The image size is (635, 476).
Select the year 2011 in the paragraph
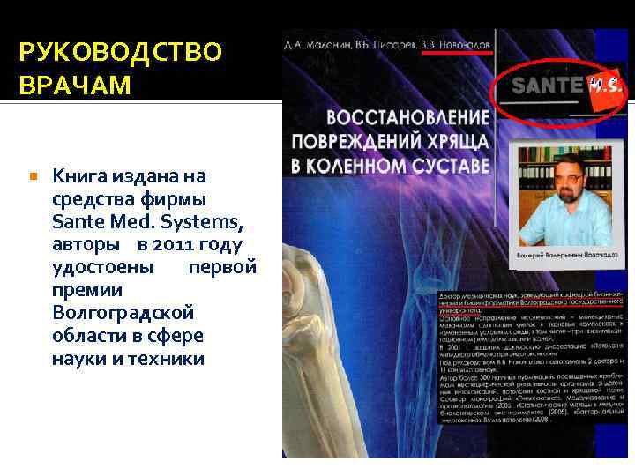[x=180, y=242]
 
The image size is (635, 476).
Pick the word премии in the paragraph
[x=87, y=289]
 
